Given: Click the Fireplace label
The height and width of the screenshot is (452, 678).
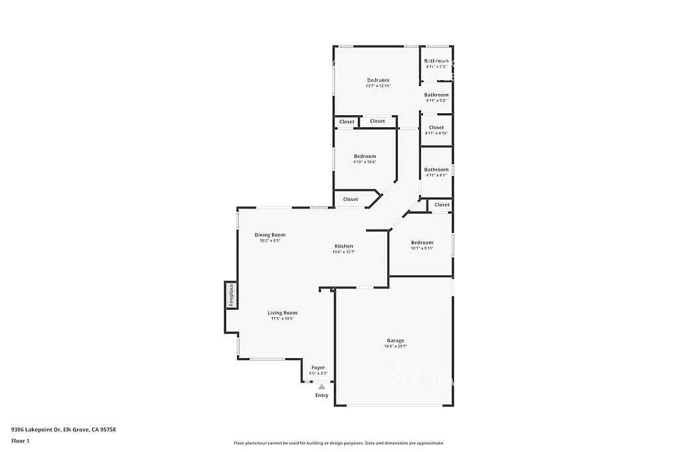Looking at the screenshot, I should pyautogui.click(x=232, y=295).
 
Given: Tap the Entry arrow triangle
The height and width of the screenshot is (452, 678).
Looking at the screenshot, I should pyautogui.click(x=322, y=387).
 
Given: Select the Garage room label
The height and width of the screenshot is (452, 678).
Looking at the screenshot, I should pyautogui.click(x=395, y=341).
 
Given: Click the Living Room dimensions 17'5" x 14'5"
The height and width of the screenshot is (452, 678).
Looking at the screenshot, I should pyautogui.click(x=282, y=318).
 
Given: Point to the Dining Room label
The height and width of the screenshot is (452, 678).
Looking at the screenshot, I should pyautogui.click(x=270, y=235).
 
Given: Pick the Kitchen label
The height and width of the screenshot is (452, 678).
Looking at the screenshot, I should pyautogui.click(x=344, y=246).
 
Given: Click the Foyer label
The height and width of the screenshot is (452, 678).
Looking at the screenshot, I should pyautogui.click(x=318, y=367).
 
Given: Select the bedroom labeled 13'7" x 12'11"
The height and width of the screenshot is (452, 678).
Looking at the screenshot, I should pyautogui.click(x=378, y=80).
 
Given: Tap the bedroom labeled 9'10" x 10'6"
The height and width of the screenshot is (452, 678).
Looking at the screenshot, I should pyautogui.click(x=364, y=157).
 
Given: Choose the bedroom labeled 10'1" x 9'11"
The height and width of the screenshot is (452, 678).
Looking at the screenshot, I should pyautogui.click(x=422, y=243).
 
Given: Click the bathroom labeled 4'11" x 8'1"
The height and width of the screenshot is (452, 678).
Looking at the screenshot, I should pyautogui.click(x=436, y=170).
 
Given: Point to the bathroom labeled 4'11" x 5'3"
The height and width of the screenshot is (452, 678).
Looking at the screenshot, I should pyautogui.click(x=436, y=61).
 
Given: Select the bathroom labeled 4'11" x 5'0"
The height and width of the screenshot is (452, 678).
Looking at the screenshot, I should pyautogui.click(x=436, y=95).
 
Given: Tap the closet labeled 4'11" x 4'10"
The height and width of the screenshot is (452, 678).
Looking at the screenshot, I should pyautogui.click(x=436, y=128).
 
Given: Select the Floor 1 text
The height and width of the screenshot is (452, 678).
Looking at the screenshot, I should pyautogui.click(x=20, y=440).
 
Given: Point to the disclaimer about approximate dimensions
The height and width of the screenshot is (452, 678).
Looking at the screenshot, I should pyautogui.click(x=338, y=443).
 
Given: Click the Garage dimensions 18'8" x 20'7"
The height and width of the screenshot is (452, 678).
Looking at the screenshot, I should pyautogui.click(x=395, y=346).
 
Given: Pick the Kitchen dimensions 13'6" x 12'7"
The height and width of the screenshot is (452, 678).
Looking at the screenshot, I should pyautogui.click(x=344, y=251).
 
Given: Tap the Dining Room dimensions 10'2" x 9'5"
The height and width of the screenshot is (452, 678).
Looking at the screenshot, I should pyautogui.click(x=270, y=240).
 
